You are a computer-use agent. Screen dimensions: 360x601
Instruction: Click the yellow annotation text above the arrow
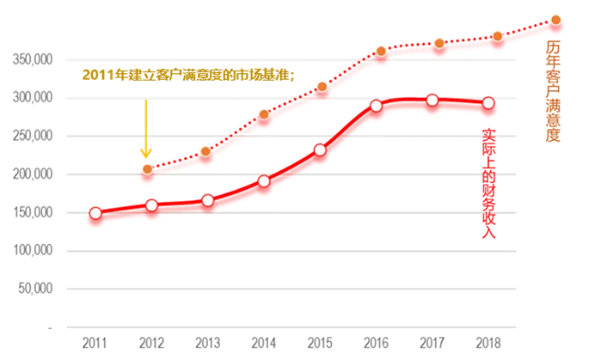(x=188, y=76)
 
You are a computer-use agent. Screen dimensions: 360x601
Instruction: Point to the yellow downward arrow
(x=146, y=129)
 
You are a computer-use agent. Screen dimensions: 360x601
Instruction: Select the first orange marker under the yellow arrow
(x=147, y=169)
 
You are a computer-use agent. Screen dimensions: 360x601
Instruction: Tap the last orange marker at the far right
(x=555, y=20)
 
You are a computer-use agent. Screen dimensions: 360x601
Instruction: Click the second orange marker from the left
(x=205, y=151)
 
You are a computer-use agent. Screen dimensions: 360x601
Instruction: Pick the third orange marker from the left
(x=264, y=114)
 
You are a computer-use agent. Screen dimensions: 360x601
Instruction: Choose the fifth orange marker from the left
(x=381, y=52)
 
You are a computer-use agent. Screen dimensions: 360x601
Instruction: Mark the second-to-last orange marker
(x=497, y=36)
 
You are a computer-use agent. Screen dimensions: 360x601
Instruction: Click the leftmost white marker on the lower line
(x=95, y=213)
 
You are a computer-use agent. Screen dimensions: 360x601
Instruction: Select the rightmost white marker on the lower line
(x=489, y=104)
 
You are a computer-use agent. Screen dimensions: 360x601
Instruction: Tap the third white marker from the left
(x=207, y=200)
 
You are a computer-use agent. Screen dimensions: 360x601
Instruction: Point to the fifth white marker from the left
(x=320, y=150)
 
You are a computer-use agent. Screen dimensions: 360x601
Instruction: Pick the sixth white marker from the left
(x=376, y=106)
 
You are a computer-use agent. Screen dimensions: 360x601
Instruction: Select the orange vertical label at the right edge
(x=553, y=95)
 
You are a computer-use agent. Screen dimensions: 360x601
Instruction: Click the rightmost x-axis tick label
(x=487, y=343)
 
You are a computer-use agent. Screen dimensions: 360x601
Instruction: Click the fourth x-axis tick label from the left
(x=262, y=343)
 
